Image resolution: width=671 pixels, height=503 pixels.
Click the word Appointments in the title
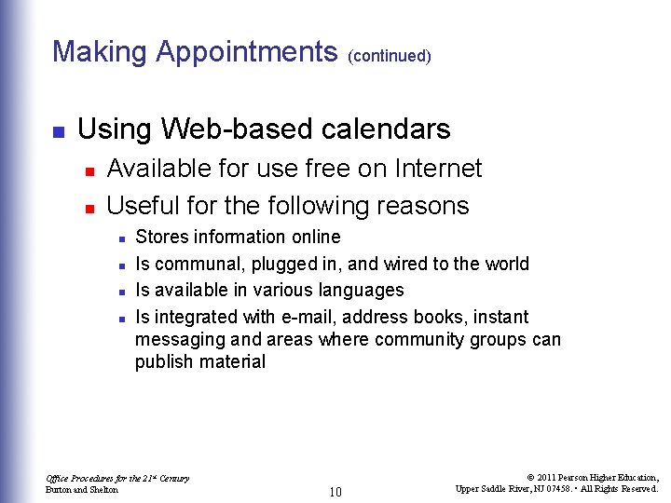[247, 51]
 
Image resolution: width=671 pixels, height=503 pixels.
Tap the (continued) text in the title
[389, 56]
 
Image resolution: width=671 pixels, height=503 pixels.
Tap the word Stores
[160, 237]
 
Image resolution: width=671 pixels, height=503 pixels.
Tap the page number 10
[337, 491]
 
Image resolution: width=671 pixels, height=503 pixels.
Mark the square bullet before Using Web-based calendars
[58, 130]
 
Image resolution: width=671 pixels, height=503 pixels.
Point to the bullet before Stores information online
[122, 238]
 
